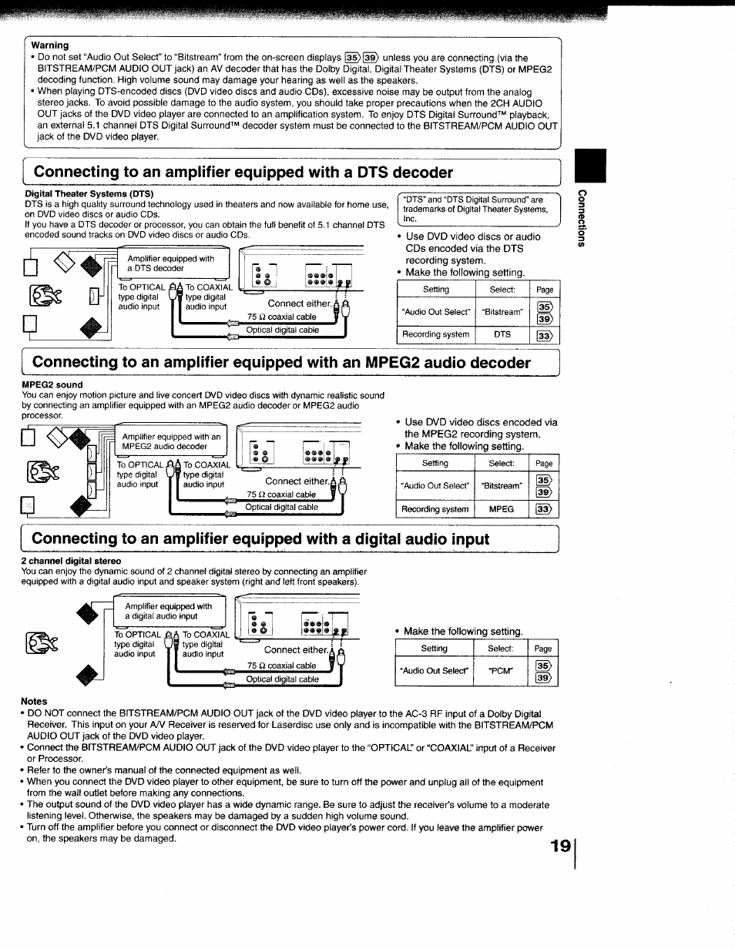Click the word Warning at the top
click(x=50, y=45)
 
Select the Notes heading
click(x=35, y=702)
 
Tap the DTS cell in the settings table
click(x=502, y=334)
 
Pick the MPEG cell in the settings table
click(x=502, y=509)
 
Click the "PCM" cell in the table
click(x=501, y=670)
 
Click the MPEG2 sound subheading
click(x=53, y=384)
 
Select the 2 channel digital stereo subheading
click(x=71, y=561)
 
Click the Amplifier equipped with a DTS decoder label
click(x=171, y=263)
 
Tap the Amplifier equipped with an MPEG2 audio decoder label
click(x=171, y=441)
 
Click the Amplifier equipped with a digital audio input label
click(x=169, y=611)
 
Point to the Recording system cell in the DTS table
click(x=435, y=334)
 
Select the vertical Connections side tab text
click(x=583, y=220)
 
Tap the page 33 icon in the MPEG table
click(x=545, y=509)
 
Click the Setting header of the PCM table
click(x=434, y=649)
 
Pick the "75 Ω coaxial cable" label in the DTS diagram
click(x=281, y=317)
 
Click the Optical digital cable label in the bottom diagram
click(x=282, y=679)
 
